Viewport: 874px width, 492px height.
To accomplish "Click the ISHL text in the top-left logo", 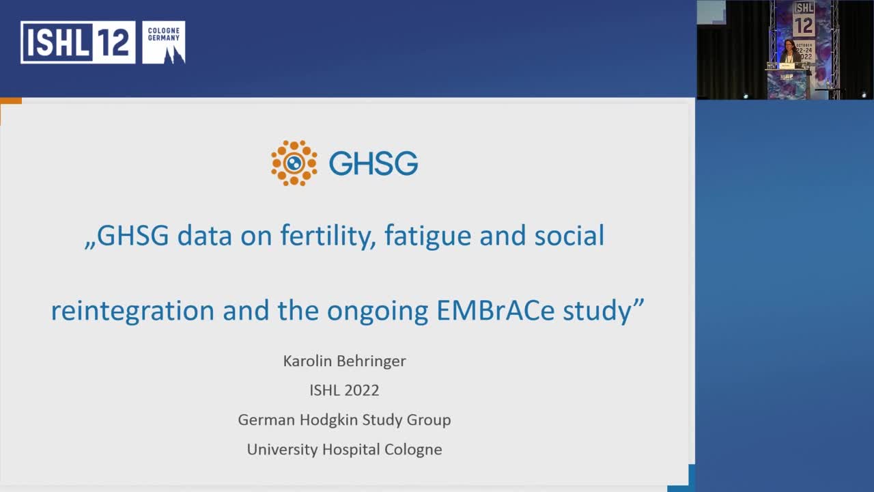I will tap(57, 42).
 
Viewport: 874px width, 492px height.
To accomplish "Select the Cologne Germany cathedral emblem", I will tap(164, 42).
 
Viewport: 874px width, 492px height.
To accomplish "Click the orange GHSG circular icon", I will tap(294, 163).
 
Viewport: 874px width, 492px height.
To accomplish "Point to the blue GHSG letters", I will tap(373, 163).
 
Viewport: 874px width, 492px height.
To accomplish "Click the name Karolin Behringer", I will tap(344, 361).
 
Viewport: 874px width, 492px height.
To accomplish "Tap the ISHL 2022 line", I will tap(344, 390).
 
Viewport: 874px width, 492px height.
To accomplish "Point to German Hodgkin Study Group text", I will tap(344, 420).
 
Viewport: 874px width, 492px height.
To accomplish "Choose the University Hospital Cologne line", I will tap(344, 449).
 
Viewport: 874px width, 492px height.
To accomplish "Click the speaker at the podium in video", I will tap(789, 53).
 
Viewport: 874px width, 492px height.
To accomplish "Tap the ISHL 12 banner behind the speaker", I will tap(804, 20).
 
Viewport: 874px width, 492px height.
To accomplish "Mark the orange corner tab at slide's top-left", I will tap(11, 101).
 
